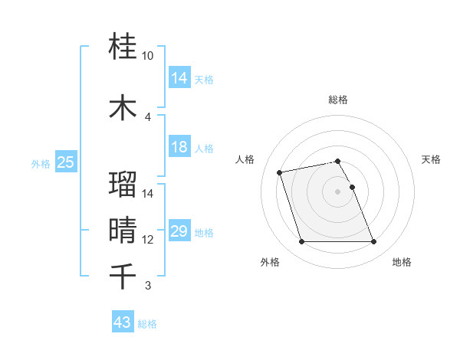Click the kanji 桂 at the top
123,47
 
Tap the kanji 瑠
123,185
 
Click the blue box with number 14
179,78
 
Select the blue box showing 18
179,147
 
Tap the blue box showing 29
179,231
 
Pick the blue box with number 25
65,162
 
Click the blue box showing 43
122,322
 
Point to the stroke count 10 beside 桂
148,56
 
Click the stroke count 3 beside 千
147,286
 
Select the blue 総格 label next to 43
147,324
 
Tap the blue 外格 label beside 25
41,163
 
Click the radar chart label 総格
338,100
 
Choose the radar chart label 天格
432,159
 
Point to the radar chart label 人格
245,159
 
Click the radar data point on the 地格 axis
373,242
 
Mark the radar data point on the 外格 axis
301,242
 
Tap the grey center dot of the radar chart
337,191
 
